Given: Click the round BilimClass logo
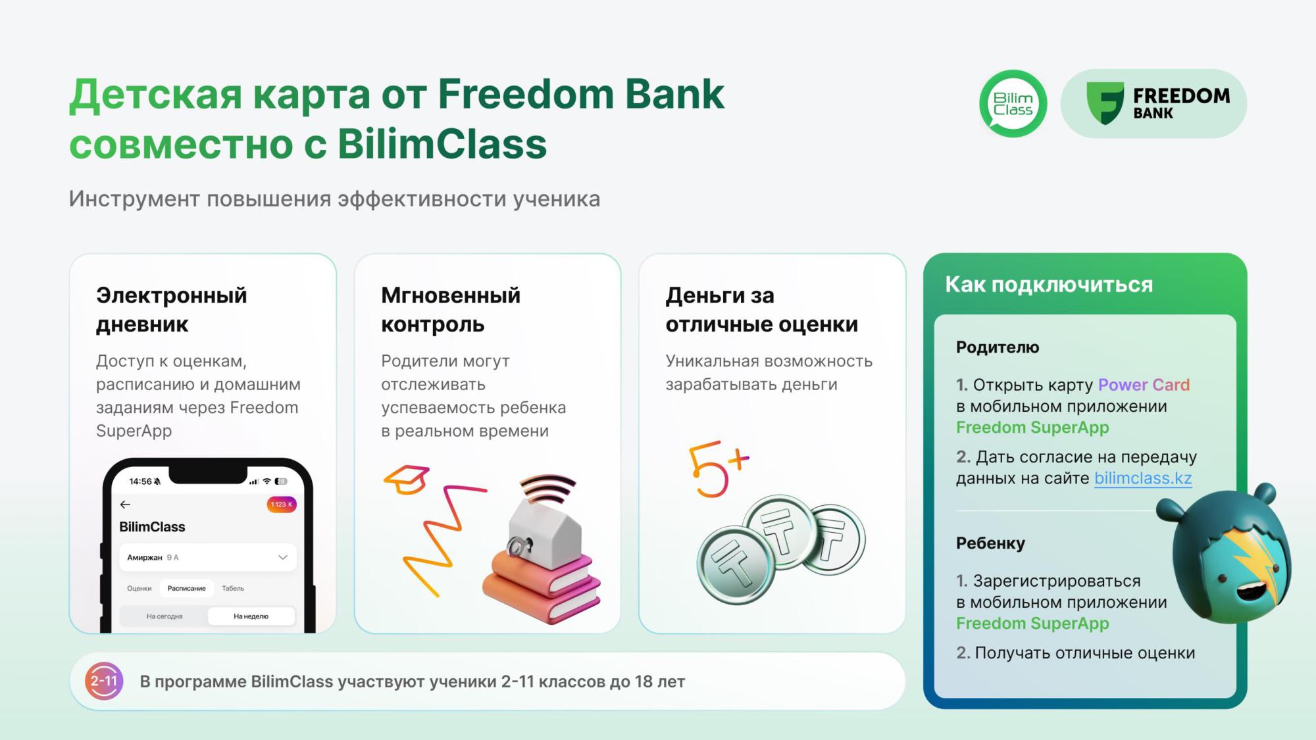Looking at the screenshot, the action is pyautogui.click(x=1013, y=103).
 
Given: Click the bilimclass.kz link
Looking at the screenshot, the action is pyautogui.click(x=1143, y=478).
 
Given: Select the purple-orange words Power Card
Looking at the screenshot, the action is pyautogui.click(x=1144, y=385).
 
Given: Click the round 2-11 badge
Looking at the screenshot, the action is pyautogui.click(x=104, y=681).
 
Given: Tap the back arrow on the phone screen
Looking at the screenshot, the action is pyautogui.click(x=125, y=505).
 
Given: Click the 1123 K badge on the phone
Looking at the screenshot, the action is pyautogui.click(x=282, y=505).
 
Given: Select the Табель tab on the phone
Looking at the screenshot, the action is pyautogui.click(x=233, y=588).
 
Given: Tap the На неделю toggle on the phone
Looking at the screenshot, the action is pyautogui.click(x=251, y=616).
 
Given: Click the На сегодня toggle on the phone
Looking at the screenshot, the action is pyautogui.click(x=164, y=616).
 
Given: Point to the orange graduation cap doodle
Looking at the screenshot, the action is pyautogui.click(x=407, y=480).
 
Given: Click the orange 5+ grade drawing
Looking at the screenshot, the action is pyautogui.click(x=717, y=468).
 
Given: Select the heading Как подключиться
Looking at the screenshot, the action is pyautogui.click(x=1049, y=284).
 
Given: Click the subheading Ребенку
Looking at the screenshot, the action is pyautogui.click(x=990, y=543).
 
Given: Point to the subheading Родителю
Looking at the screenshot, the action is pyautogui.click(x=998, y=347).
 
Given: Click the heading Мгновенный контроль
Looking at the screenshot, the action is pyautogui.click(x=451, y=309).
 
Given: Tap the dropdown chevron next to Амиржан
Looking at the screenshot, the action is pyautogui.click(x=283, y=557).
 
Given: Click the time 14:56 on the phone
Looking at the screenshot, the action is pyautogui.click(x=140, y=481).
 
